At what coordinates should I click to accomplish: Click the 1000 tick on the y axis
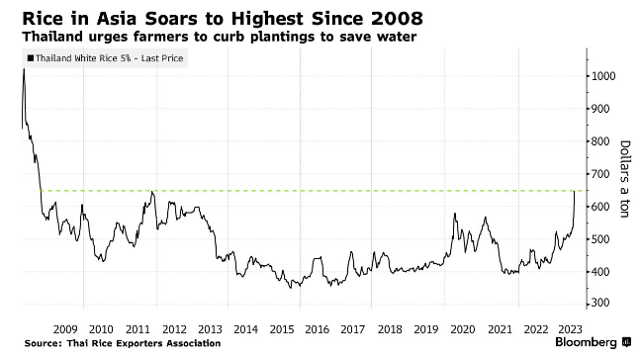coord(602,76)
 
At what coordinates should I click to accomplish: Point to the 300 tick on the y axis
coord(601,304)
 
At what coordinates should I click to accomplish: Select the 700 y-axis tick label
coord(601,174)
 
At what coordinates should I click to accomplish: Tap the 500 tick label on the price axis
coord(601,239)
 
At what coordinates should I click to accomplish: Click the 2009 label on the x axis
coord(64,328)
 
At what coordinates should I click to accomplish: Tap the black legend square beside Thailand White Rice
coord(30,58)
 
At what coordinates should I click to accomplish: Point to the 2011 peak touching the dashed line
coord(151,191)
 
